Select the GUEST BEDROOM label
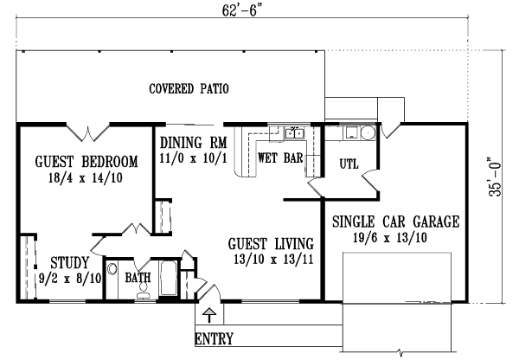[x=86, y=162]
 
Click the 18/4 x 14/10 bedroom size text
[x=86, y=179]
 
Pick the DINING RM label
[x=193, y=143]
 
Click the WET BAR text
[x=279, y=158]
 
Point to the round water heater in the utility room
[x=367, y=133]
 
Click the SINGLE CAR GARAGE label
[x=395, y=222]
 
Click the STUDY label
[x=67, y=262]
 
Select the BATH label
[x=138, y=279]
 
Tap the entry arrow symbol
[x=208, y=313]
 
